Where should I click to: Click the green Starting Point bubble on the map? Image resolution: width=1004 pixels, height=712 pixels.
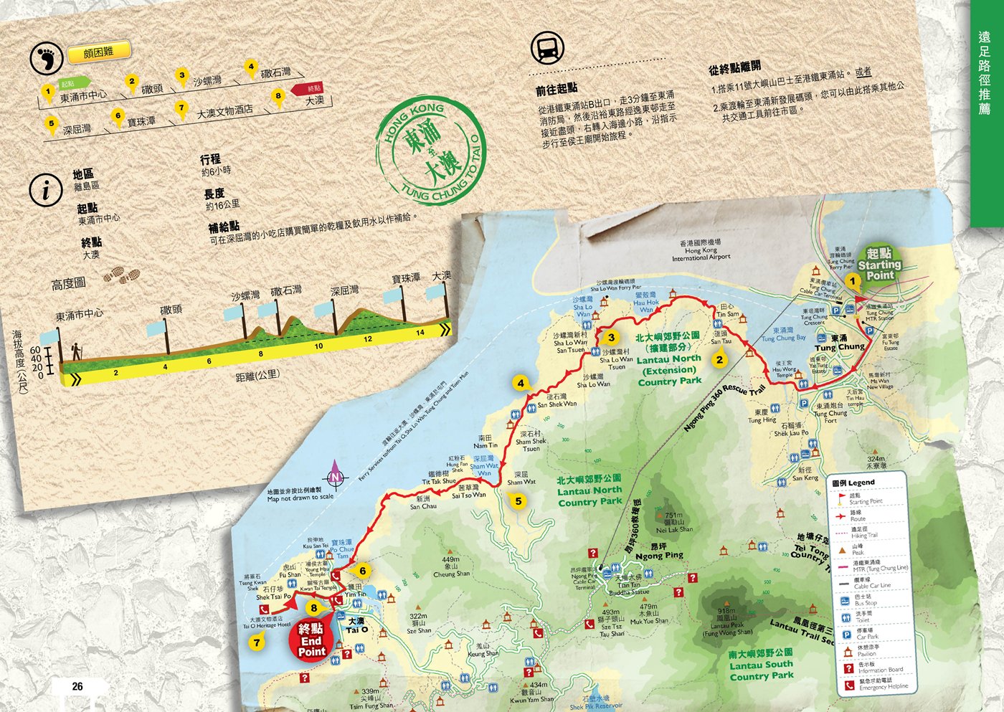click(x=880, y=265)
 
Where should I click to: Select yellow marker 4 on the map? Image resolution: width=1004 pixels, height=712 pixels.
click(x=521, y=384)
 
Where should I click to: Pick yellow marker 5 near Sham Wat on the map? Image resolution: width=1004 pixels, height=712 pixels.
click(x=518, y=501)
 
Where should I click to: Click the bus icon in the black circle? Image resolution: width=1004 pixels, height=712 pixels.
click(x=547, y=49)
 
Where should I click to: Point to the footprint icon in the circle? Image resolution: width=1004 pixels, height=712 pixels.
click(x=46, y=58)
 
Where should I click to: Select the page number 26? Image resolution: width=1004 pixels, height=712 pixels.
click(x=77, y=686)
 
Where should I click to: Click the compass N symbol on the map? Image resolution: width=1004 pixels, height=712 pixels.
click(x=335, y=477)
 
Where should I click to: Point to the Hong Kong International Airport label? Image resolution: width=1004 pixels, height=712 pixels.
click(x=701, y=251)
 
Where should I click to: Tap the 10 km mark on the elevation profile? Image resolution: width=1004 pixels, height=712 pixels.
click(x=318, y=346)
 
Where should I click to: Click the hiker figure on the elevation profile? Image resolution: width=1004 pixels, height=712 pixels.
click(x=75, y=351)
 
